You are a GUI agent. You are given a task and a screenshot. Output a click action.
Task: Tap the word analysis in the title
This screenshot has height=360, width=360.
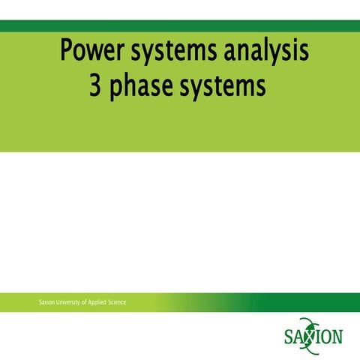(x=263, y=52)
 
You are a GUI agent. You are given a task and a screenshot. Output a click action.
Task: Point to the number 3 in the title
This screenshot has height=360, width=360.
(x=95, y=88)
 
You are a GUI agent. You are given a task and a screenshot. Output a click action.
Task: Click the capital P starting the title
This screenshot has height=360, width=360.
(x=67, y=52)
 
